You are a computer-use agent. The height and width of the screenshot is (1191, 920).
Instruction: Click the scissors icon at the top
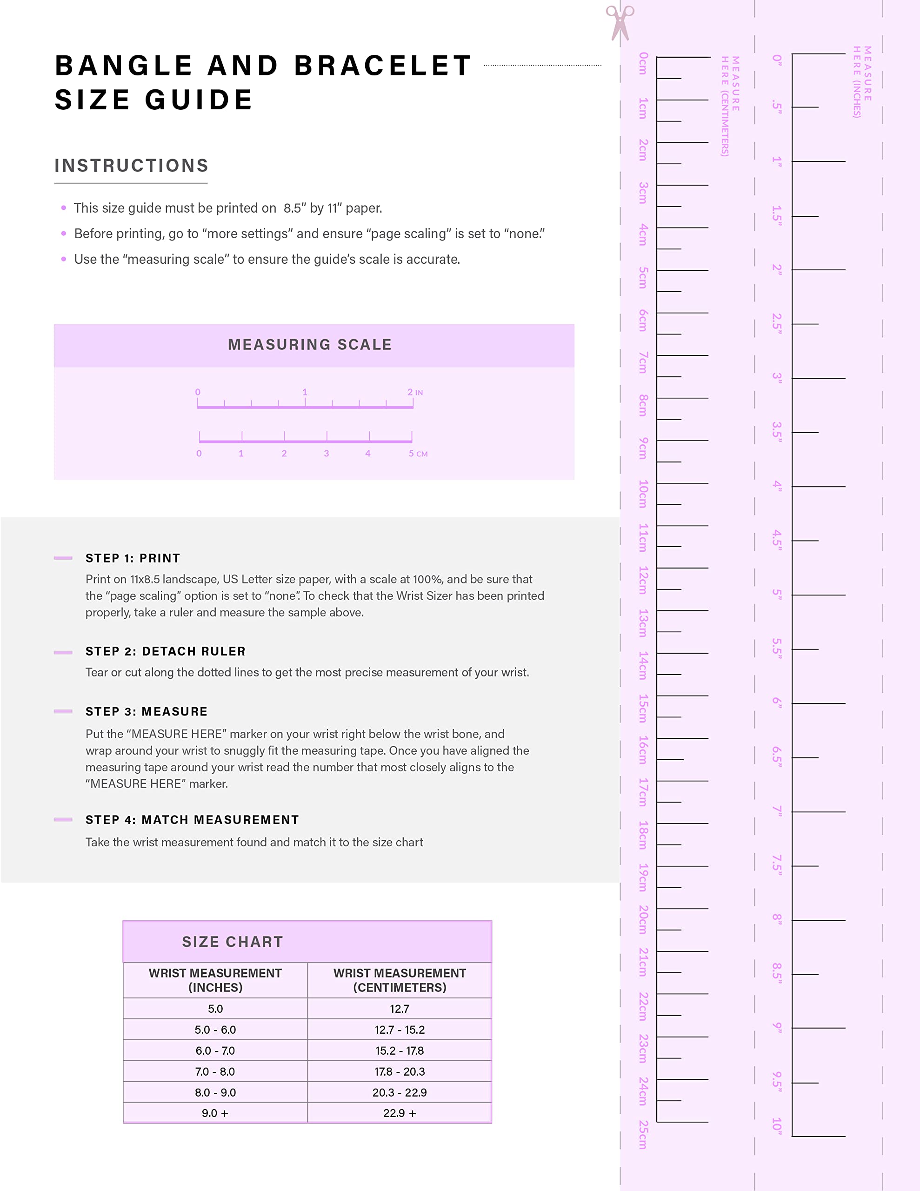tap(620, 22)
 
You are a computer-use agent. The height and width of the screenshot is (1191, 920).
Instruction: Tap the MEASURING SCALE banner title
tap(310, 345)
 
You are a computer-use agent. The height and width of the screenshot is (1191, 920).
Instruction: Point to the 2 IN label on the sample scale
tap(415, 392)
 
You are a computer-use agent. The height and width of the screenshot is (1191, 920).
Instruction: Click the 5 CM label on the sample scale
tap(418, 454)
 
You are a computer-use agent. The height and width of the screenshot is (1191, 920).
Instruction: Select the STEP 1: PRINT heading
tap(133, 558)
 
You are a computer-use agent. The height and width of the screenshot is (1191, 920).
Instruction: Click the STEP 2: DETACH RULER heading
tap(165, 651)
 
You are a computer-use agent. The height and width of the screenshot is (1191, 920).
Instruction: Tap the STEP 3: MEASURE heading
tap(146, 712)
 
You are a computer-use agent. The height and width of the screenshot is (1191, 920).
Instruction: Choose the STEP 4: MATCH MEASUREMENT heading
tap(192, 820)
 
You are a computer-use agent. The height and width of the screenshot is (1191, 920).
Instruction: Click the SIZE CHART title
tap(232, 942)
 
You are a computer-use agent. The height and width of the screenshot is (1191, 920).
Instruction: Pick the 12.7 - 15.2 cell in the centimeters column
tap(399, 1030)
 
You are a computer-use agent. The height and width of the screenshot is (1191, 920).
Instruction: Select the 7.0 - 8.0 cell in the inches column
tap(215, 1071)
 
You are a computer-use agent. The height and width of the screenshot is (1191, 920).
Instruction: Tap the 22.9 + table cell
tap(399, 1113)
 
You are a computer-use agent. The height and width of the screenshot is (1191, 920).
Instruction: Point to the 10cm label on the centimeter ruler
tap(644, 494)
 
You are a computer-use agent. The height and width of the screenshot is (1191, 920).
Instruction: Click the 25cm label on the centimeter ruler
tap(644, 1134)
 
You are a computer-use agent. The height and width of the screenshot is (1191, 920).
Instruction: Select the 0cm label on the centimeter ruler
tap(644, 63)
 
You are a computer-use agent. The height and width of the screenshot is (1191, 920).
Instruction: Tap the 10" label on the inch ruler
tap(777, 1126)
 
